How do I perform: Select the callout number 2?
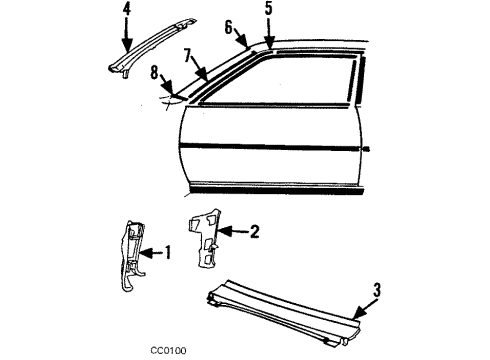(254, 232)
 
